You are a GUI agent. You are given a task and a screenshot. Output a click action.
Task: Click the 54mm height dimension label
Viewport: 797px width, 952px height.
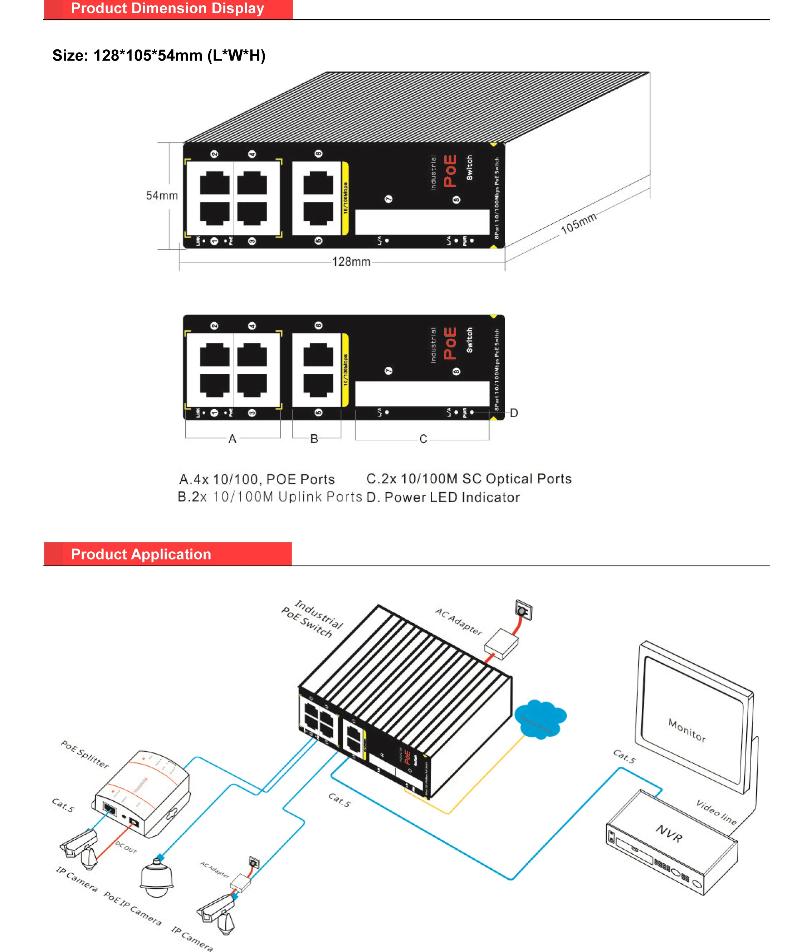click(162, 195)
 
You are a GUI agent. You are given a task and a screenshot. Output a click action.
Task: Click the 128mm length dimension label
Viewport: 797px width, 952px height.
click(351, 262)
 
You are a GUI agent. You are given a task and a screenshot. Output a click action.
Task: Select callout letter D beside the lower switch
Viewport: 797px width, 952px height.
click(514, 413)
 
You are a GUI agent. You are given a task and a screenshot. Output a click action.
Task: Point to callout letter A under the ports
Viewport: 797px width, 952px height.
click(232, 439)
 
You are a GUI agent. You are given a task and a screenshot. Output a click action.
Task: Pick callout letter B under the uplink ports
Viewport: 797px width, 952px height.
click(314, 439)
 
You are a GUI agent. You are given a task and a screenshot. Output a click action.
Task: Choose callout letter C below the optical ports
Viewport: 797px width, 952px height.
click(423, 439)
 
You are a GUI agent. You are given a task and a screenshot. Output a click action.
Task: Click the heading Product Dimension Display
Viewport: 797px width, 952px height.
click(167, 8)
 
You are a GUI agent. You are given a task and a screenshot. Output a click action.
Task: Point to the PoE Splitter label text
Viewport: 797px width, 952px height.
click(85, 755)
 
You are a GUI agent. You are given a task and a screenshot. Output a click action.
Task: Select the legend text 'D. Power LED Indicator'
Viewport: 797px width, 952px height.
click(443, 497)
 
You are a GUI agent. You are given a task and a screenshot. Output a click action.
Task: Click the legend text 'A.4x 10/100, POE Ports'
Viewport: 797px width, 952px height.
click(257, 479)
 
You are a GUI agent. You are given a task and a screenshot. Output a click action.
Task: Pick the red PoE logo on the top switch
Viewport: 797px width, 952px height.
click(450, 171)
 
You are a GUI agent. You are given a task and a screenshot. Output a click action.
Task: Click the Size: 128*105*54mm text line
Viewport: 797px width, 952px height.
click(159, 55)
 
